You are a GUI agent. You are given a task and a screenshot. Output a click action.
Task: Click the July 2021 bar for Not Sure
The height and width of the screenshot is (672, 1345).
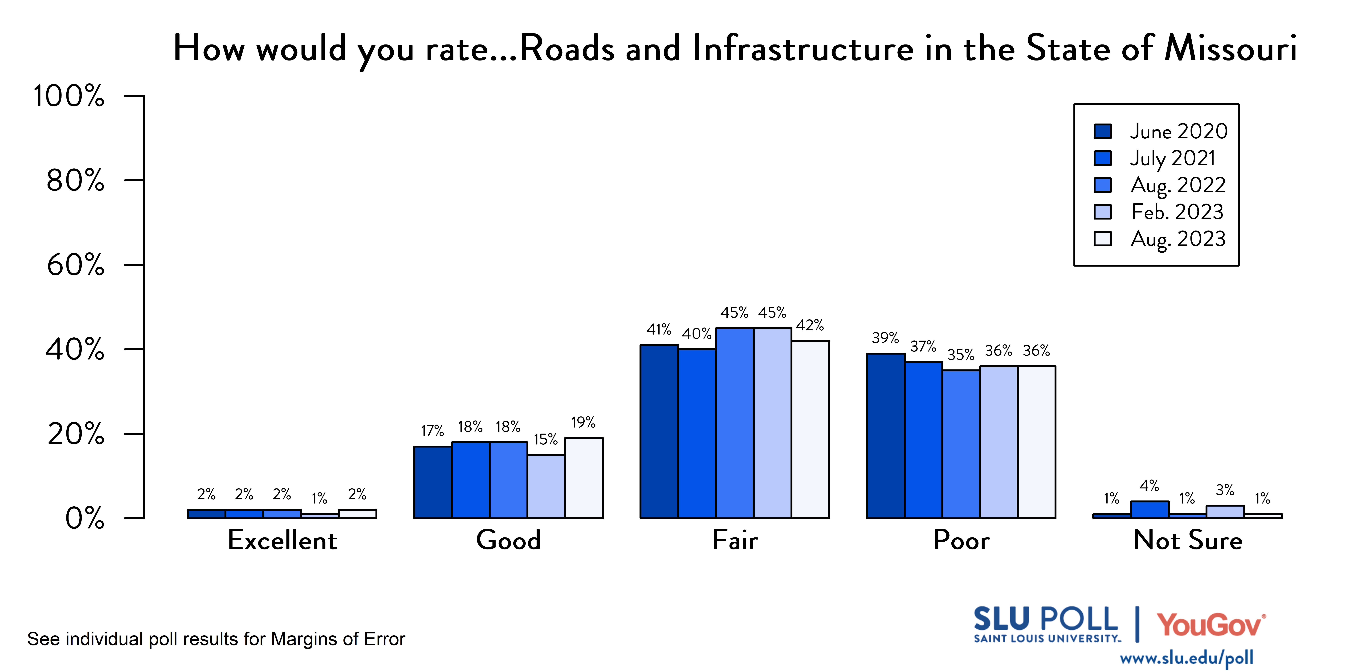[x=1149, y=510]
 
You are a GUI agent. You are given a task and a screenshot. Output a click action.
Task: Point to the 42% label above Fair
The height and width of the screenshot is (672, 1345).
[x=810, y=326]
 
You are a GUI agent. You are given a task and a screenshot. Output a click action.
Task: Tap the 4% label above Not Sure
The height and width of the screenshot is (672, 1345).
[x=1149, y=486]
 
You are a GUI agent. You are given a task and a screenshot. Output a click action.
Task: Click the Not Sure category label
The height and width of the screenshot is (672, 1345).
[x=1187, y=540]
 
